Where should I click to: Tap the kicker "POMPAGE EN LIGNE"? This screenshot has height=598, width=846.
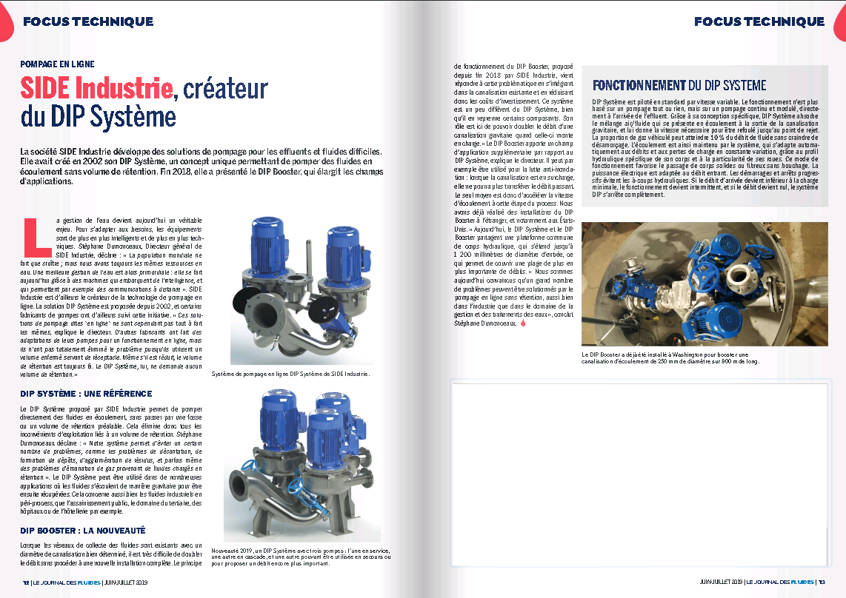point(57,64)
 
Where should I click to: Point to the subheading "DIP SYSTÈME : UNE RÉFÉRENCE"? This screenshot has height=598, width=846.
point(86,394)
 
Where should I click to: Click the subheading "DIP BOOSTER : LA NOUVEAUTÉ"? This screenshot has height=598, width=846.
point(82,531)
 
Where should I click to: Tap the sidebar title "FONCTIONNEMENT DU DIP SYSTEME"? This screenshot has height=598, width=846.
point(679,86)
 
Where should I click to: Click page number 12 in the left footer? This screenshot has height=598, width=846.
point(26,582)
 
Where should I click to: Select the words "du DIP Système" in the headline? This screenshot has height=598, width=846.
point(99,117)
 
